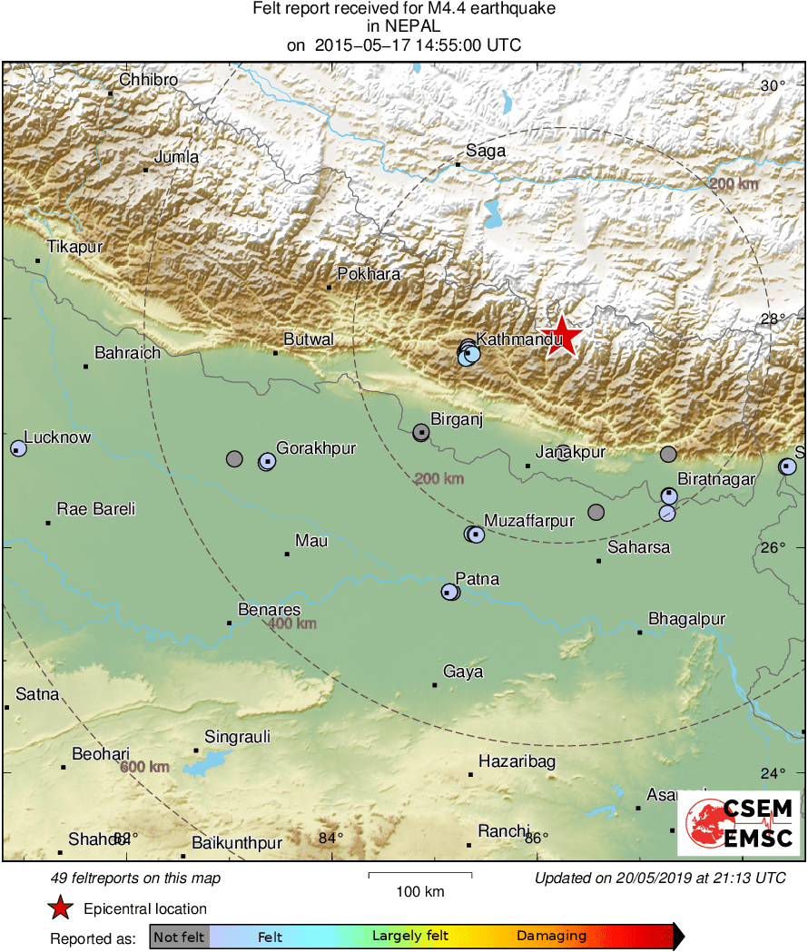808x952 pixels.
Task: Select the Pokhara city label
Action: (368, 273)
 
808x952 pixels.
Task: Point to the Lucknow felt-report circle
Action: (18, 447)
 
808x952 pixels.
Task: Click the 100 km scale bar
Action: (420, 876)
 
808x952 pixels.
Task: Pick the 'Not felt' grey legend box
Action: (179, 936)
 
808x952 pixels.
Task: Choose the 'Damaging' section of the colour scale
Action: (551, 936)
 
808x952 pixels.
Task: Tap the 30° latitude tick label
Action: (773, 86)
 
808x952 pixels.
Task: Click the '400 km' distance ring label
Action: (292, 624)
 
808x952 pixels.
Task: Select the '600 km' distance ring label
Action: (145, 767)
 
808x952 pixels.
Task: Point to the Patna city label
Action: (477, 579)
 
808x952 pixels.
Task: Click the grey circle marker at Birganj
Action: (421, 432)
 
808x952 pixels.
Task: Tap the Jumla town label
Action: (176, 157)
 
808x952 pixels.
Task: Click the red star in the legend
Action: (60, 908)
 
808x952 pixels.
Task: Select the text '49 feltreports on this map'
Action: (135, 878)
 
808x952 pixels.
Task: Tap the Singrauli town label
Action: (237, 737)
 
